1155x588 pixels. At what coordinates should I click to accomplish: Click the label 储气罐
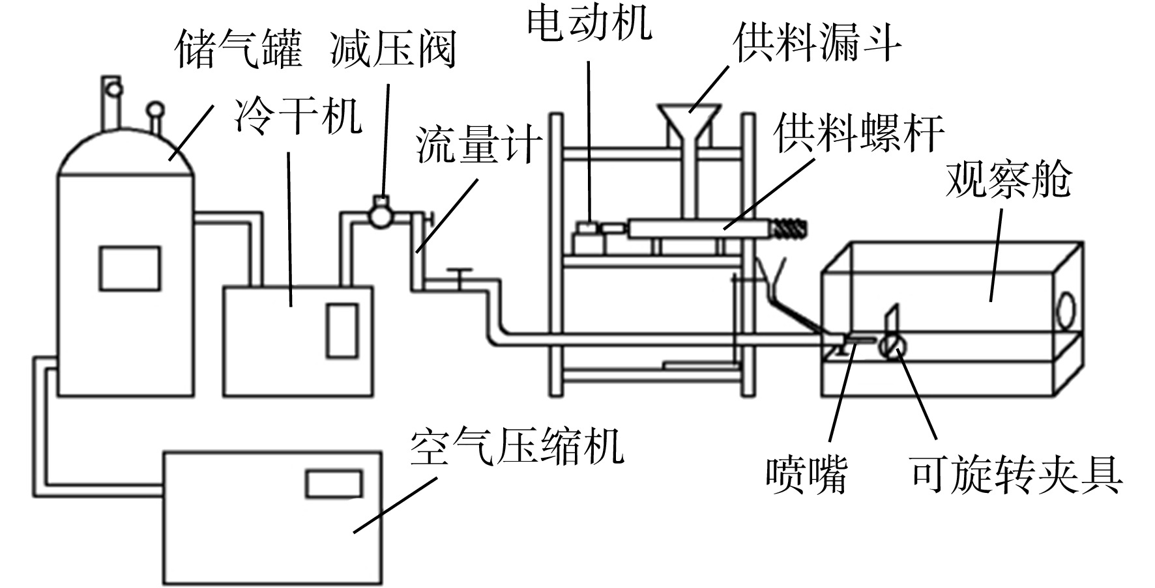tap(239, 50)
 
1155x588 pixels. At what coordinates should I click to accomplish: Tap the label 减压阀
tap(393, 49)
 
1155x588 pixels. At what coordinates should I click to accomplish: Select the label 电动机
tap(589, 23)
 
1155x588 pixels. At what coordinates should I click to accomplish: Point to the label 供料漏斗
tap(817, 44)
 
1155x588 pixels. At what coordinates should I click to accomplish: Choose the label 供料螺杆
tap(859, 133)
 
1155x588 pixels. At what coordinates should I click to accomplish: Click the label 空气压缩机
tap(517, 446)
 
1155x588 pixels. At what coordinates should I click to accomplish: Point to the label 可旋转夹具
tap(1016, 475)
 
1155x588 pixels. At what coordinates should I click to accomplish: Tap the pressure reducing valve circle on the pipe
tap(380, 212)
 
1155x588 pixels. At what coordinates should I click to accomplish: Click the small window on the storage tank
tap(130, 268)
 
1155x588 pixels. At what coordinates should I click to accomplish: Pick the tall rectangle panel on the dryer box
tap(342, 331)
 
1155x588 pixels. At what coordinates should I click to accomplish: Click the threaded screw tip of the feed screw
tap(788, 228)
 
